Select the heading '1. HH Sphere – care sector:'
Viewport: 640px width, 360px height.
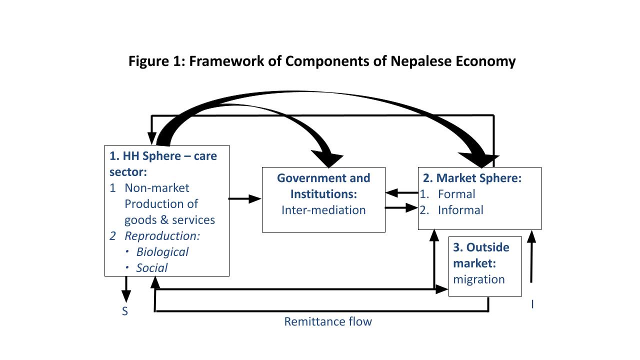(163, 163)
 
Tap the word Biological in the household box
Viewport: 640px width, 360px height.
(162, 251)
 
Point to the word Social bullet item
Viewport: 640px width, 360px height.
(152, 267)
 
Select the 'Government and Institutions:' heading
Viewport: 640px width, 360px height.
(323, 185)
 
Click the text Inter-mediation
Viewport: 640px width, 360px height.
(323, 210)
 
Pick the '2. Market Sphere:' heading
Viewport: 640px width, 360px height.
(472, 178)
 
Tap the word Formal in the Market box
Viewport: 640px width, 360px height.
(456, 194)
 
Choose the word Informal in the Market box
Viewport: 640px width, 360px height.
(460, 210)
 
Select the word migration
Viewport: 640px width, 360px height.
(478, 279)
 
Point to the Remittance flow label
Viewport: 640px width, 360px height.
(328, 321)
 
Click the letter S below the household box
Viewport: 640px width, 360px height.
(125, 311)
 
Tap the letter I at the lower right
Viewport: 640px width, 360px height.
(532, 304)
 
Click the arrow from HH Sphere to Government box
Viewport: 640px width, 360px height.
(245, 199)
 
